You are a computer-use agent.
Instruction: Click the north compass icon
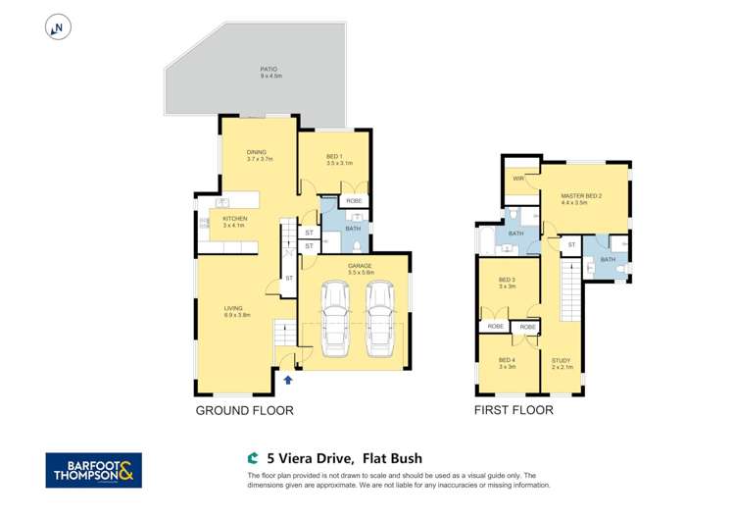(x=58, y=28)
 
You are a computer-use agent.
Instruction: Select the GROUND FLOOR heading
(x=244, y=410)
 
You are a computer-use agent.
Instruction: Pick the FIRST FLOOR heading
(x=514, y=410)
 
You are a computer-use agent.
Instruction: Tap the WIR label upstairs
(x=517, y=179)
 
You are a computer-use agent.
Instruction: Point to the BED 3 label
(x=507, y=284)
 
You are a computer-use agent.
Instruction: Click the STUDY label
(x=561, y=362)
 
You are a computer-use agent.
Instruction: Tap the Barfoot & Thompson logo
(x=93, y=470)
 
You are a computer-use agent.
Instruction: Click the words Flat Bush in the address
(x=392, y=457)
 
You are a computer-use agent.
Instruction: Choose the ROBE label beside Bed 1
(x=354, y=200)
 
